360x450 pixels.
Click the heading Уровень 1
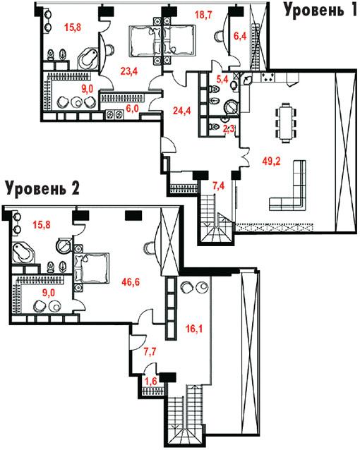tap(320, 10)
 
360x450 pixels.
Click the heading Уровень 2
tap(42, 188)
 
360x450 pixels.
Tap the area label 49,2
tap(271, 162)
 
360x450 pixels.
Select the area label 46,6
tap(131, 282)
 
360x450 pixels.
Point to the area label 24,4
tap(182, 110)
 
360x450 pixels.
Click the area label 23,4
tap(129, 71)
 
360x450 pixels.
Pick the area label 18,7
tap(204, 15)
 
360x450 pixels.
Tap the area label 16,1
tap(194, 328)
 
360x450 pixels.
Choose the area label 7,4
tap(218, 186)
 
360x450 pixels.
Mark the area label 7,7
tap(150, 351)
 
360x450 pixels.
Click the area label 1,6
tap(151, 381)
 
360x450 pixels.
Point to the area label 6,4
tap(240, 37)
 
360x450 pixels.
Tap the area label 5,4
tap(222, 79)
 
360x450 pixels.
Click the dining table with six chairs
tap(286, 123)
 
